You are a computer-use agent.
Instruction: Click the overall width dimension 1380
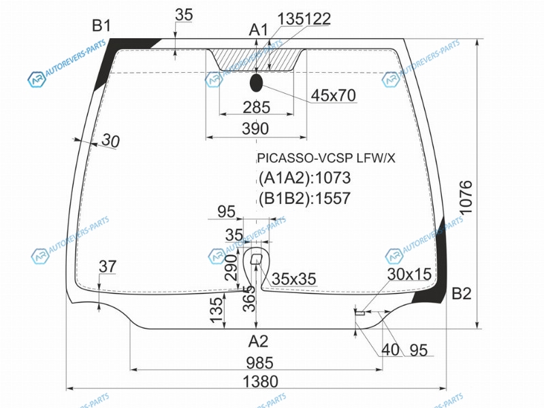(x=261, y=381)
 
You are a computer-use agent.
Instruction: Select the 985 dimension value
(x=260, y=363)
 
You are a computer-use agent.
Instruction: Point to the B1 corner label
(x=101, y=26)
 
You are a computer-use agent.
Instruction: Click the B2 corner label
(x=462, y=294)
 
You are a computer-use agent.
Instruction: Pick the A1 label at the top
(x=259, y=30)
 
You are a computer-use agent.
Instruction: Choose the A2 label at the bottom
(x=259, y=341)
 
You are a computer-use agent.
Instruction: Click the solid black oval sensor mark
(x=256, y=83)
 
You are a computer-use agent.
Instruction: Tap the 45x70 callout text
(x=334, y=95)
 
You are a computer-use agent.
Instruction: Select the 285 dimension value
(x=257, y=107)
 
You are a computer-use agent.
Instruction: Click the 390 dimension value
(x=255, y=129)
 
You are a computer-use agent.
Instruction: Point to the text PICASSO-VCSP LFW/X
(x=326, y=158)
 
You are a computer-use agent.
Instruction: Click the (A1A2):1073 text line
(x=305, y=178)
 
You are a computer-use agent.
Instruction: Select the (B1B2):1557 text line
(x=305, y=198)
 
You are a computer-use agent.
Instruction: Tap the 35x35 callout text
(x=294, y=279)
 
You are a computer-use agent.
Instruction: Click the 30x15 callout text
(x=409, y=274)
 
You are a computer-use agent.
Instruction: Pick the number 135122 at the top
(x=304, y=19)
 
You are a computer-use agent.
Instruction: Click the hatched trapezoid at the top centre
(x=257, y=60)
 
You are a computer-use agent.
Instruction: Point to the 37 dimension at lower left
(x=108, y=267)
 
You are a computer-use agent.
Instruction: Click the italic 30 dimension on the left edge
(x=111, y=140)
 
